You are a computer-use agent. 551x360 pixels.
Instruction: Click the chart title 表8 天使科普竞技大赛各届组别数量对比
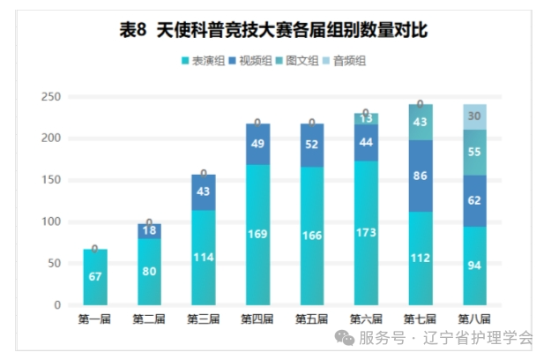pos(274,32)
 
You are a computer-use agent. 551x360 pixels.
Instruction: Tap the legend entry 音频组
pos(345,61)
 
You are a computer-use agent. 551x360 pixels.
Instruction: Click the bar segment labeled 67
pos(94,277)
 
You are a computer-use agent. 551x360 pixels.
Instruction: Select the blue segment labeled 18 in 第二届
pos(149,231)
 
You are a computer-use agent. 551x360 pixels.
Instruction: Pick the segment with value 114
pos(203,258)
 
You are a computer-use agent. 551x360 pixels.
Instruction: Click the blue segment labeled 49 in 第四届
pos(257,144)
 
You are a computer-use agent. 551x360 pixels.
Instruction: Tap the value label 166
pos(311,236)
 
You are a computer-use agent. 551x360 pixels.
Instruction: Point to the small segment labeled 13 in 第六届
pos(366,118)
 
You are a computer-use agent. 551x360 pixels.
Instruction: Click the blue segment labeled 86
pos(421,176)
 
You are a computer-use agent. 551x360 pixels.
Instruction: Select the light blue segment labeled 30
pos(474,116)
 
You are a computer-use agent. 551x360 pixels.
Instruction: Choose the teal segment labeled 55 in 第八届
pos(474,152)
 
